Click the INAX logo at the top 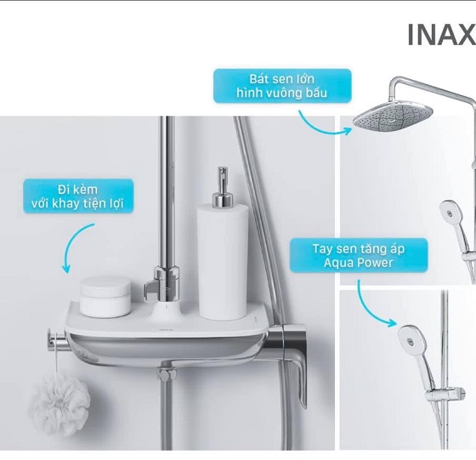tap(442, 35)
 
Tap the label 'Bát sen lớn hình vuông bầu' tap(282, 86)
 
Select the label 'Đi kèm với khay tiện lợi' tap(78, 196)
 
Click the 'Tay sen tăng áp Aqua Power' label tap(359, 255)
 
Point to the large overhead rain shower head tap(393, 118)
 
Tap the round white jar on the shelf tap(105, 297)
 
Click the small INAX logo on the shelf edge tap(166, 329)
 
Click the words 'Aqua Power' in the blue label tap(359, 263)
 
